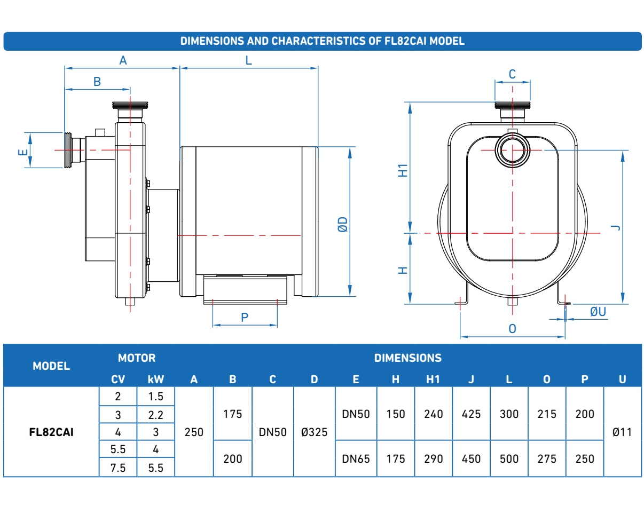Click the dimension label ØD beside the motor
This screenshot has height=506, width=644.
[343, 224]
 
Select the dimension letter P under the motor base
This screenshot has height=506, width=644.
[245, 318]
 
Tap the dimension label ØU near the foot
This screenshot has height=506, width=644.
[598, 312]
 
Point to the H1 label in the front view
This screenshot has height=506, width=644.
[403, 170]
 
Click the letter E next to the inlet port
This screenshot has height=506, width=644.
[23, 152]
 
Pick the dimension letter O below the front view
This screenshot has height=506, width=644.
[512, 329]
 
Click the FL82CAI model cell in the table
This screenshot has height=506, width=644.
[51, 432]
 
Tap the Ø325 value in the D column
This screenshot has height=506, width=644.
[314, 432]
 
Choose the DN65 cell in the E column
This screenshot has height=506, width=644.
[356, 459]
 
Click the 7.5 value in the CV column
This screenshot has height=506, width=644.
[118, 468]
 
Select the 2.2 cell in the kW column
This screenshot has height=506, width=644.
[155, 415]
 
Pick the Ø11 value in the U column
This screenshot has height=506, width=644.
[622, 432]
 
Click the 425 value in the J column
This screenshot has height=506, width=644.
[471, 414]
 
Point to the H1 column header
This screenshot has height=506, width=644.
[433, 379]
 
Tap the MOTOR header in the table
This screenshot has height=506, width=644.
[137, 358]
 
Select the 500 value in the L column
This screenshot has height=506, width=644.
[509, 459]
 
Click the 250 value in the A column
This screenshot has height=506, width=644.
[194, 432]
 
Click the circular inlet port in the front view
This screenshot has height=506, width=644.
[513, 150]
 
